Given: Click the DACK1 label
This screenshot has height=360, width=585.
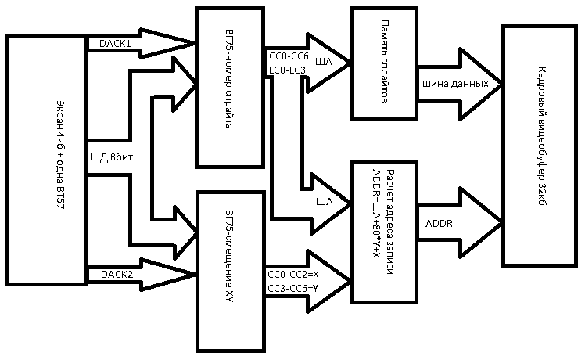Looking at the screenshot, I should [115, 44].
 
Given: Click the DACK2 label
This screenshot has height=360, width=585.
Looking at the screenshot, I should [115, 274].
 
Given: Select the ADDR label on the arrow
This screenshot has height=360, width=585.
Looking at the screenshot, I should [439, 222].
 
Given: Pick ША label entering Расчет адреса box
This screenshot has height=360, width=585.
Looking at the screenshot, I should [324, 202].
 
